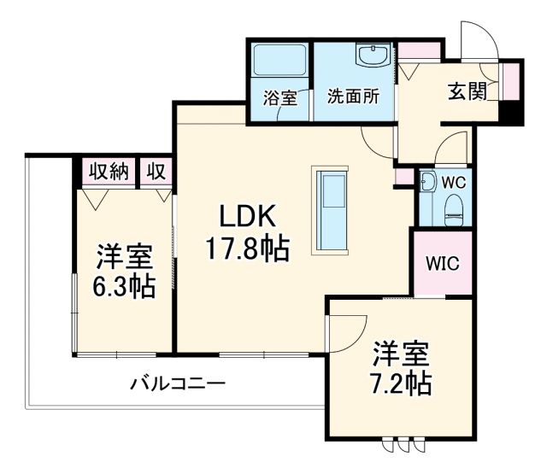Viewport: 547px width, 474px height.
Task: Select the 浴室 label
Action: click(279, 97)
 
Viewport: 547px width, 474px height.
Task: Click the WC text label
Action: click(454, 183)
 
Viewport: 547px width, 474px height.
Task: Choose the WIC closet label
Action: click(442, 262)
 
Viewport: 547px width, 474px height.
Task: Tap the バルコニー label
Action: click(177, 383)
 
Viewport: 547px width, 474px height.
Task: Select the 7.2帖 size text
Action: click(400, 383)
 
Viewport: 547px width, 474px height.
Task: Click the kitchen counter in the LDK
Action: click(331, 206)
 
